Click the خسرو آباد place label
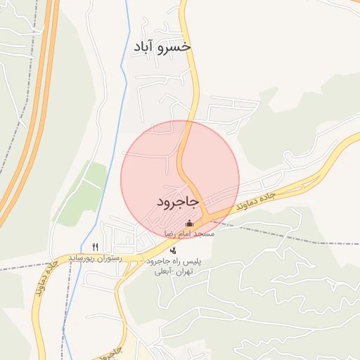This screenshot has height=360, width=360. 162,46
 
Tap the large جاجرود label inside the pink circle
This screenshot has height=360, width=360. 179,202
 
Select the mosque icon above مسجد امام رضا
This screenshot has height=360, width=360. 188,224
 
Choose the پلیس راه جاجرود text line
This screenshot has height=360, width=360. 173,261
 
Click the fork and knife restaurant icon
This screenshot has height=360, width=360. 95,247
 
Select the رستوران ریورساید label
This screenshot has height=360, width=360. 94,258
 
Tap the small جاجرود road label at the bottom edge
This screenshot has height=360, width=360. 109,354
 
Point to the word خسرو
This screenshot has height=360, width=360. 176,46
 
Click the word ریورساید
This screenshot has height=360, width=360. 83,258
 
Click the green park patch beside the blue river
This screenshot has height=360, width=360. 81,193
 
